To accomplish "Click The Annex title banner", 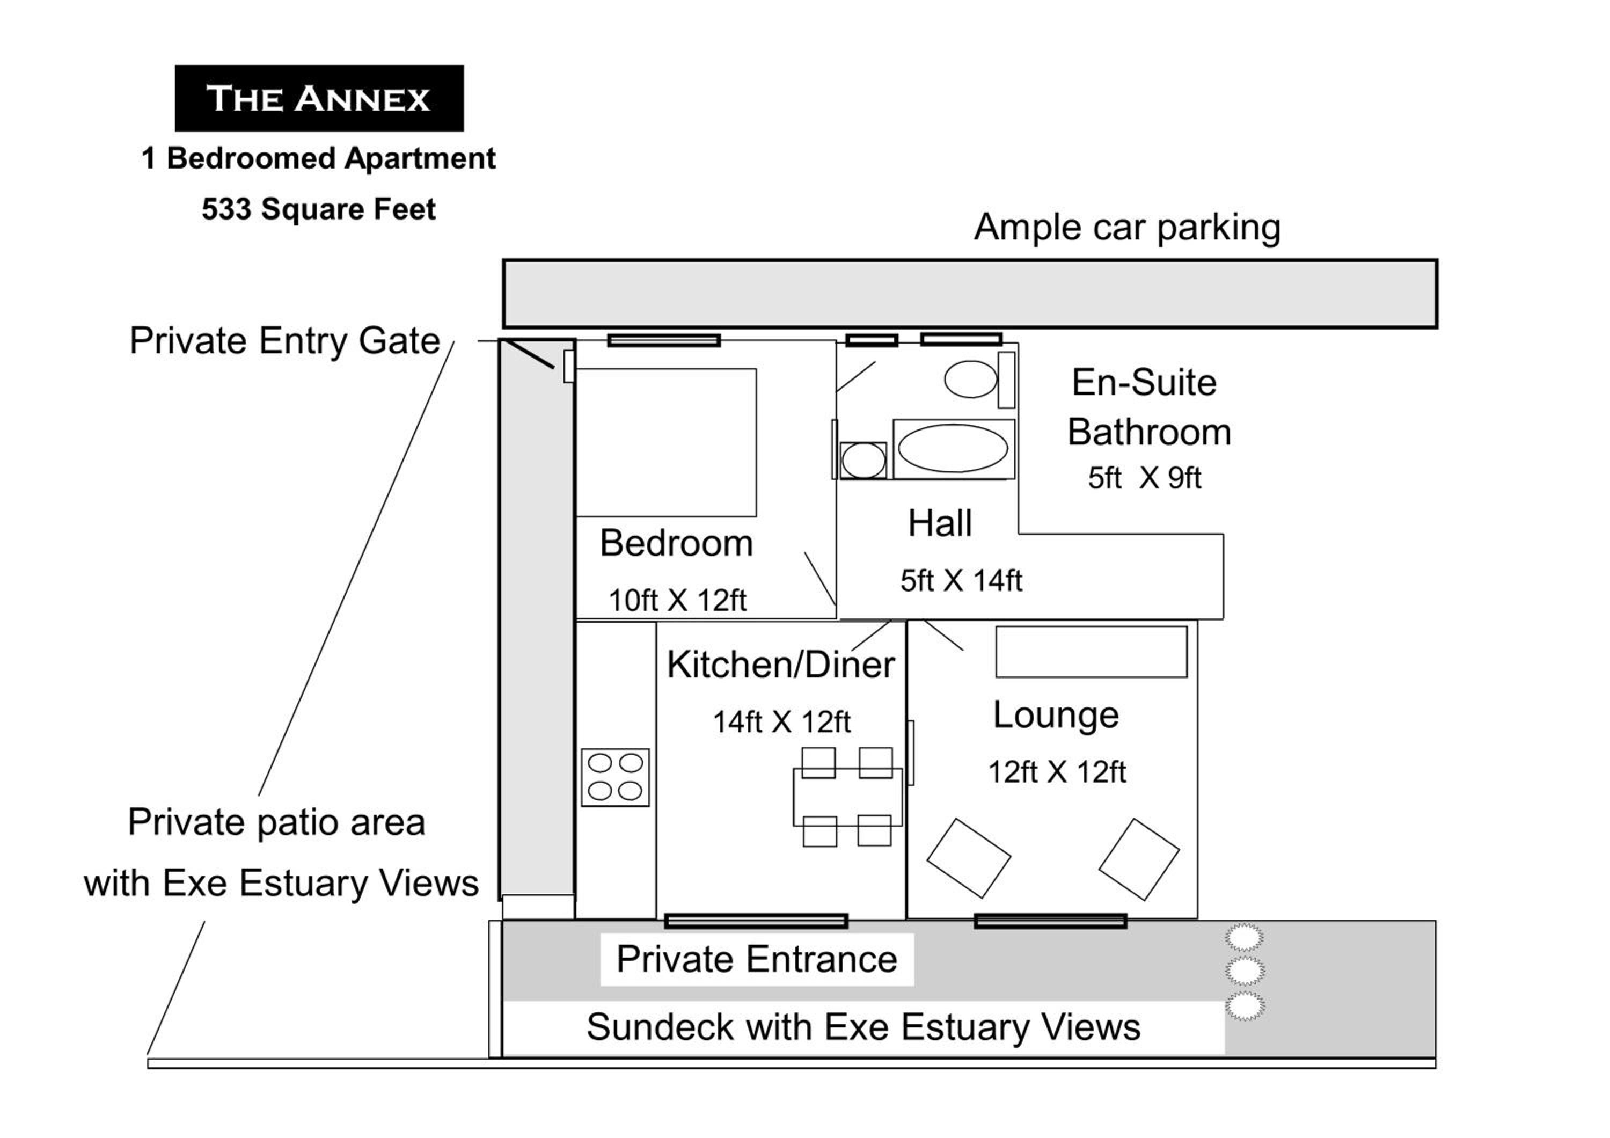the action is [319, 98].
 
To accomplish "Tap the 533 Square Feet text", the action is [319, 209].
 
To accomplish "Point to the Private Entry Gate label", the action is [284, 341].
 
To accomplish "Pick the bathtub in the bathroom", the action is [954, 449].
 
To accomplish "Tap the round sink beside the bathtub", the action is [863, 461].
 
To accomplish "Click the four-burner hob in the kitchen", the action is [615, 777].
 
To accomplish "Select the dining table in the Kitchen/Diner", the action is [848, 797].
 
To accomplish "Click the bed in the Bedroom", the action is [665, 442].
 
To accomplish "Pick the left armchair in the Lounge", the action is [968, 858].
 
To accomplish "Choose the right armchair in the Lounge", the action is [1139, 859].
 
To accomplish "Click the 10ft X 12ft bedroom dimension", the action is [677, 600].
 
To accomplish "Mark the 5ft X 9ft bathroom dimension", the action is [1144, 478].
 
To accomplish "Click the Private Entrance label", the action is [757, 959].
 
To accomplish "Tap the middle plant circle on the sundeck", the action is [1245, 971].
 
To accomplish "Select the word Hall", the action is [940, 524].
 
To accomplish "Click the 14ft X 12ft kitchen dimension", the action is [782, 722].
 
